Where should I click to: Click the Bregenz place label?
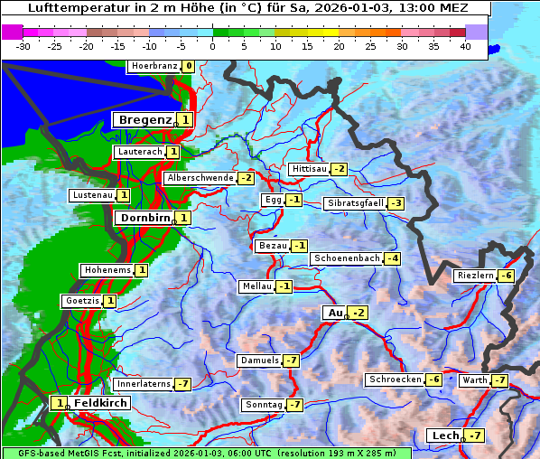[x=144, y=119]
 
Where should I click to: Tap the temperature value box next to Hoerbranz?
[x=188, y=66]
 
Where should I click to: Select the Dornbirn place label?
[x=144, y=218]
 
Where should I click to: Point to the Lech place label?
[x=445, y=436]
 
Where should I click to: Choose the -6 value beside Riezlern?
[x=507, y=276]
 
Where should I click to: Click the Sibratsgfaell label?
[x=355, y=203]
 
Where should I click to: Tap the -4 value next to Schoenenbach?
[x=392, y=258]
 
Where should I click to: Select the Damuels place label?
[x=259, y=361]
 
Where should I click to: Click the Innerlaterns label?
[x=144, y=384]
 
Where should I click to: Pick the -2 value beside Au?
[x=359, y=313]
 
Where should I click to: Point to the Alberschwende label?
[x=200, y=178]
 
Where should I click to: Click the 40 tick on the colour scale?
[x=465, y=46]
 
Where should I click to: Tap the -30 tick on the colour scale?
[x=23, y=46]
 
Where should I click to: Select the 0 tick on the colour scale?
[x=213, y=46]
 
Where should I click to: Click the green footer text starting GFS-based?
[x=207, y=453]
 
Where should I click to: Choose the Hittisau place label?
[x=309, y=169]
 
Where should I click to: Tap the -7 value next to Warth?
[x=499, y=380]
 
